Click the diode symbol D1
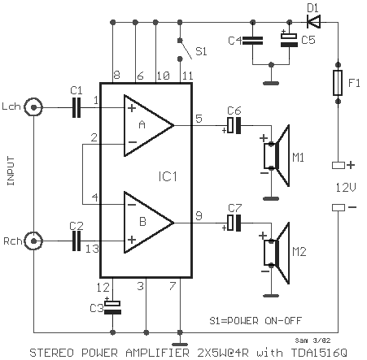click(x=313, y=22)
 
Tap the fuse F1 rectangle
click(x=338, y=83)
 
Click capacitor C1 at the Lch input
click(x=76, y=107)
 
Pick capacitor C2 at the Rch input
click(x=76, y=241)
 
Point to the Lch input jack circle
click(x=33, y=107)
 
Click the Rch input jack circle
click(x=33, y=241)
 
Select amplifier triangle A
click(x=149, y=125)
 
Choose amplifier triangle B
click(x=149, y=223)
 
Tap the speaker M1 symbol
click(x=277, y=155)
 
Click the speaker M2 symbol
click(x=277, y=253)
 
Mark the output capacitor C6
click(x=234, y=125)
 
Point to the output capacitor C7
click(x=234, y=223)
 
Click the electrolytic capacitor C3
click(x=113, y=308)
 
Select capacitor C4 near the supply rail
click(x=252, y=41)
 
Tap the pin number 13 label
click(x=92, y=249)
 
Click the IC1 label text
click(x=168, y=176)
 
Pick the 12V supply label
click(x=346, y=187)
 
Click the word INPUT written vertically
click(x=11, y=171)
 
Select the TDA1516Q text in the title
click(x=319, y=353)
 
